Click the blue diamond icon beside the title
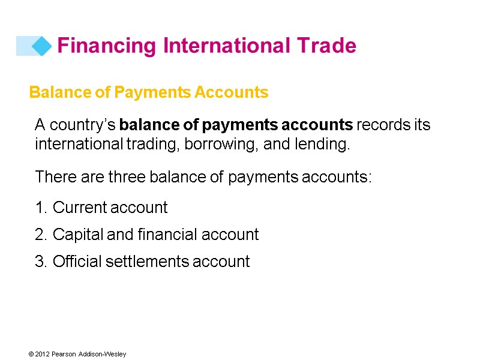click(41, 46)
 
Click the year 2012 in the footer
click(42, 355)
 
